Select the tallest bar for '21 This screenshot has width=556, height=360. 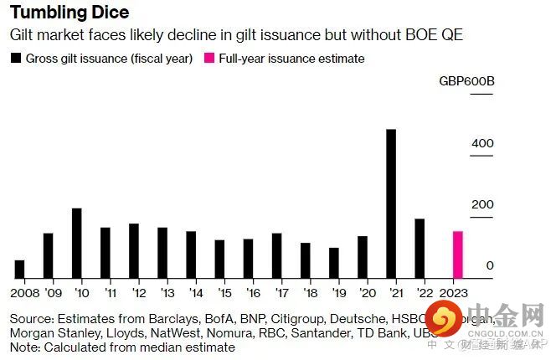tap(391, 203)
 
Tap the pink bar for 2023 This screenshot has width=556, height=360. tap(458, 255)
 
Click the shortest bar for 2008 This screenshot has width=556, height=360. tap(19, 269)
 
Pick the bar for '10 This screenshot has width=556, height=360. tap(76, 243)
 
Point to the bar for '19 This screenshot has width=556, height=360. tap(334, 263)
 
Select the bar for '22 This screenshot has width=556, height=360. tap(420, 248)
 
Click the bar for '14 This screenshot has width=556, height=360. tap(191, 255)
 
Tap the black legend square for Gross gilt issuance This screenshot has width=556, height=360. tap(16, 59)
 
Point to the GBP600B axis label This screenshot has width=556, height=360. tap(466, 82)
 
